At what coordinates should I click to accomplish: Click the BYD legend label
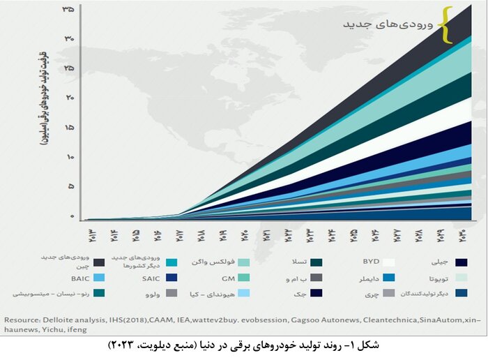point(370,262)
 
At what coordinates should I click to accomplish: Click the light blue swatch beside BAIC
point(98,278)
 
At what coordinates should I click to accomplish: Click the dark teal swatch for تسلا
point(316,262)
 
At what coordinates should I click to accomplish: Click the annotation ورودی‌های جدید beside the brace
point(388,24)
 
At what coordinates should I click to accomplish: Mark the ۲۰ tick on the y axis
point(68,98)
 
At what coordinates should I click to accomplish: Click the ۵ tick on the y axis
point(69,186)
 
